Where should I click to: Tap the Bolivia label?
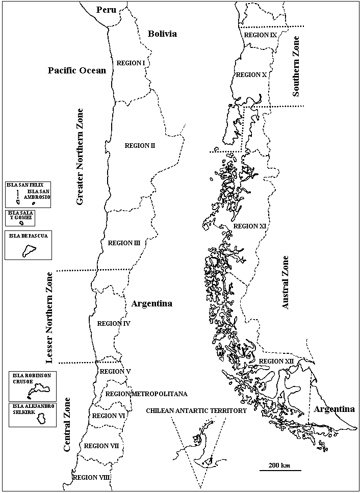(162, 34)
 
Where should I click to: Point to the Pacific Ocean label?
(77, 70)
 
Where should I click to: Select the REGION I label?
(131, 63)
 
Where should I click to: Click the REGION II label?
(140, 145)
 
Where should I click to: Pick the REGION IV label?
(114, 323)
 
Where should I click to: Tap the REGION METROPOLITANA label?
(146, 394)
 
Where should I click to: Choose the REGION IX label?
(260, 35)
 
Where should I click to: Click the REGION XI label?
(250, 226)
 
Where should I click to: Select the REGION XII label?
(276, 361)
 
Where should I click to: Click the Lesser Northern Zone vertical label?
(49, 318)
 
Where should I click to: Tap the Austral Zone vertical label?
(286, 282)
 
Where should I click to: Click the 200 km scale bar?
(280, 470)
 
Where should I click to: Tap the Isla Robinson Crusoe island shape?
(38, 391)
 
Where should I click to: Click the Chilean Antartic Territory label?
(196, 410)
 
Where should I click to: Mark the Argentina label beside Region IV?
(151, 303)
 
